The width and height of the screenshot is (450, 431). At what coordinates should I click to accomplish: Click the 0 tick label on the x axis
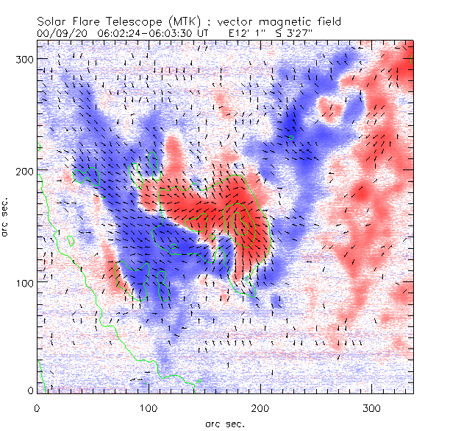coord(37,407)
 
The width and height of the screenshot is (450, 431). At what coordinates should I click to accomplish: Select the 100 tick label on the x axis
coord(149,407)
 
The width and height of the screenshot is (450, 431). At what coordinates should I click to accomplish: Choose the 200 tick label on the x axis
coord(260,407)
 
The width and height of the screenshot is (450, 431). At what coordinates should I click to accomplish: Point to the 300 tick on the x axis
coord(372,407)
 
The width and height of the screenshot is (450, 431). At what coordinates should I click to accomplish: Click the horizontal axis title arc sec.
coord(225,423)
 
